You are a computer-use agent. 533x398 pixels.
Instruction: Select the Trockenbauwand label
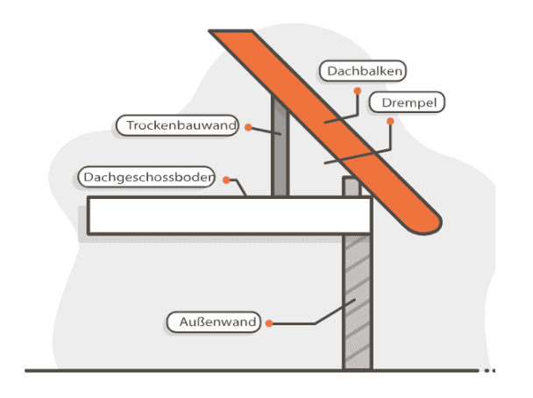coord(177,126)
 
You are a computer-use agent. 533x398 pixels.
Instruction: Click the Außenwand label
coord(213,322)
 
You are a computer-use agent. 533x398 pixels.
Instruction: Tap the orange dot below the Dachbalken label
coord(356,90)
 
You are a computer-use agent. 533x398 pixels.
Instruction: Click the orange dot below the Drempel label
coord(393,123)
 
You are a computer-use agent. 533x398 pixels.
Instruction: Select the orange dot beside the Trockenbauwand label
coord(248,127)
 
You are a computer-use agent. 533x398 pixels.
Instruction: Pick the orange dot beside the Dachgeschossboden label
coord(226,180)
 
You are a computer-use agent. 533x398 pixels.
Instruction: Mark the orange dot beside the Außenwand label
coord(269,323)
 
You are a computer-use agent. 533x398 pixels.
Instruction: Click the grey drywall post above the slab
coord(279,149)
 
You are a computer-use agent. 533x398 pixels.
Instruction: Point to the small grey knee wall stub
coord(351,188)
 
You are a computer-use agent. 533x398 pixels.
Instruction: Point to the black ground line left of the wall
coord(175,371)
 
